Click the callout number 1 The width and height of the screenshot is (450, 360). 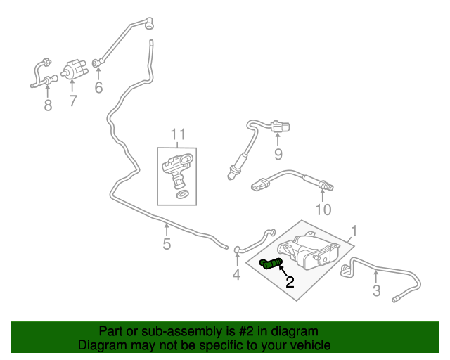tap(355, 231)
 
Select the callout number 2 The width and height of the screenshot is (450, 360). tap(289, 283)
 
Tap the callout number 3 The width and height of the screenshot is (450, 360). tap(377, 290)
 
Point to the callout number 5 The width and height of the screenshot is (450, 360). tap(167, 244)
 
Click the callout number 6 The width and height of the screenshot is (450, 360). tap(98, 88)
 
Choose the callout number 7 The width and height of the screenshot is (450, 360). tap(72, 101)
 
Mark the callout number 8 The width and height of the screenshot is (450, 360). tap(48, 105)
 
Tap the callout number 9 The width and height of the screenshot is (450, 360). tap(278, 154)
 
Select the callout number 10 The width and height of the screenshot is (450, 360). tap(322, 209)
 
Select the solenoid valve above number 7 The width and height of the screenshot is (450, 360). tap(73, 70)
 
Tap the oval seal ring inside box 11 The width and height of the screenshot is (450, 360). tap(181, 193)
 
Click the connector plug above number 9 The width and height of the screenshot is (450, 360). tap(278, 127)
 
